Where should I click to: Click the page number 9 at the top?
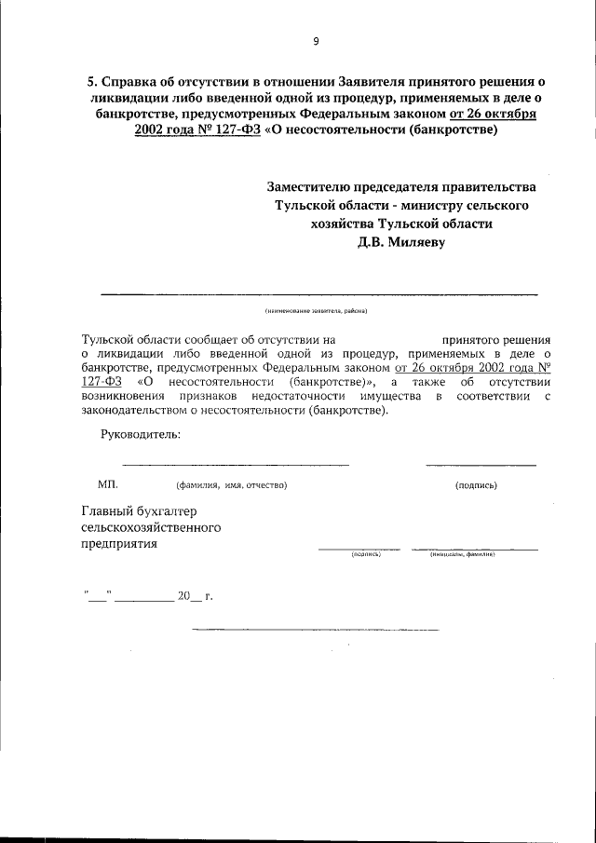coord(316,40)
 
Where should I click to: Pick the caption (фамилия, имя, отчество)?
coord(231,485)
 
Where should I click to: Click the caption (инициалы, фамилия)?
coord(461,554)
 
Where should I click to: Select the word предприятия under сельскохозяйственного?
coord(119,545)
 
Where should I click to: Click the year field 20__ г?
coord(196,595)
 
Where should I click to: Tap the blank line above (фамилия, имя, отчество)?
coord(236,464)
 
